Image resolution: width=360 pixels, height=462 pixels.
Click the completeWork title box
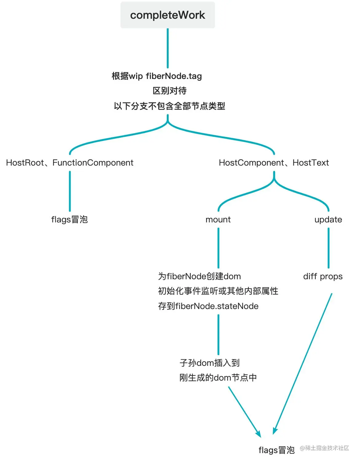pyautogui.click(x=167, y=15)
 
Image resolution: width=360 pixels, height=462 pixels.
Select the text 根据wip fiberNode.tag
pyautogui.click(x=157, y=76)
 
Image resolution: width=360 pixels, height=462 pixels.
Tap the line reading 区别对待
pyautogui.click(x=170, y=91)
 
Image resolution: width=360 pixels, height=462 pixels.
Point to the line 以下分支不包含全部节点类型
pyautogui.click(x=169, y=106)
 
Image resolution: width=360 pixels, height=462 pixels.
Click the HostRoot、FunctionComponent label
pyautogui.click(x=70, y=162)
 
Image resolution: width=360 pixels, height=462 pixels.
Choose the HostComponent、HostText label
pyautogui.click(x=274, y=162)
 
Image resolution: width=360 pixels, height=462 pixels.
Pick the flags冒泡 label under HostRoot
pyautogui.click(x=69, y=219)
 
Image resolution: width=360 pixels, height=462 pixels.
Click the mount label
pyautogui.click(x=218, y=219)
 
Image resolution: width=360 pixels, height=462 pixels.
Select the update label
pyautogui.click(x=328, y=219)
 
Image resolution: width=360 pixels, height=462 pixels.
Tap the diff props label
pyautogui.click(x=323, y=276)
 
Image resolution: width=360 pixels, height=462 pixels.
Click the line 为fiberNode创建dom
pyautogui.click(x=199, y=276)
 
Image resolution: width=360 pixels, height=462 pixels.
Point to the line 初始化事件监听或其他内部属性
pyautogui.click(x=218, y=291)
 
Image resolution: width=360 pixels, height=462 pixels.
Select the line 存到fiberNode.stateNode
pyautogui.click(x=208, y=306)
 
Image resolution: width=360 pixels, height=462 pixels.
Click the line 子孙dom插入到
pyautogui.click(x=209, y=363)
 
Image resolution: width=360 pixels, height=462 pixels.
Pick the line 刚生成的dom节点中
pyautogui.click(x=218, y=378)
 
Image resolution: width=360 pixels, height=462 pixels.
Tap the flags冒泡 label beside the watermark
pyautogui.click(x=276, y=450)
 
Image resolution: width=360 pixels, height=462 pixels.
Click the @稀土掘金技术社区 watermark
pyautogui.click(x=324, y=448)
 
